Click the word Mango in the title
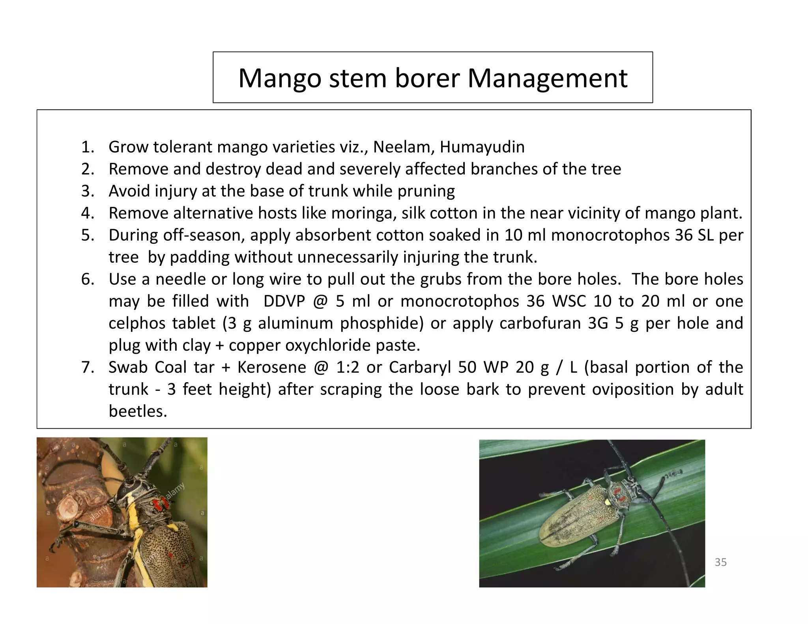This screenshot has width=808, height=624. [279, 78]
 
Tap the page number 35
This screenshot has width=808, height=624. [720, 562]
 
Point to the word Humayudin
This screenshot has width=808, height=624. [482, 147]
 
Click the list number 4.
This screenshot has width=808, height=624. [87, 213]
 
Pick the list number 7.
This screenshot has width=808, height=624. [87, 368]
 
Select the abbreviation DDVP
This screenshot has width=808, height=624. [284, 301]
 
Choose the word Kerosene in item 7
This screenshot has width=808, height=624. [271, 368]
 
